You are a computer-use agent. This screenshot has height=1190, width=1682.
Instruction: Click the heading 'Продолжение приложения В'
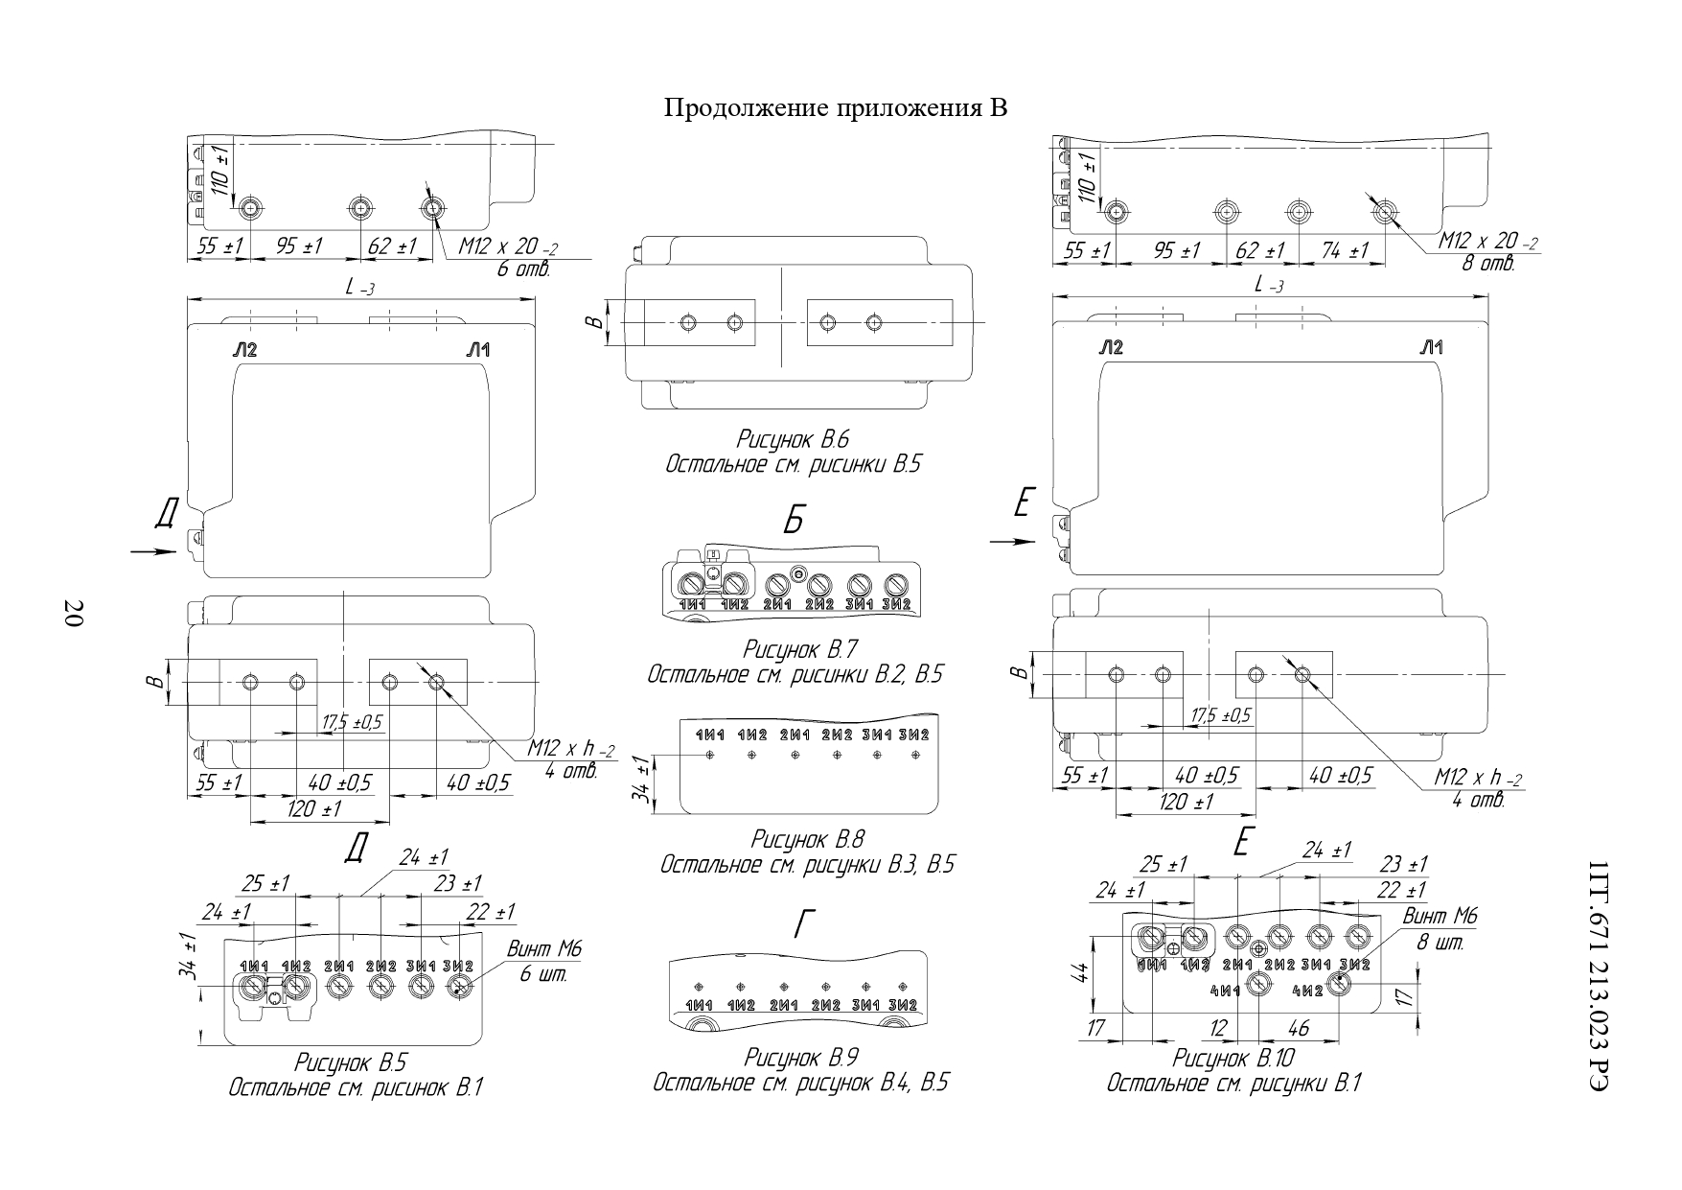pos(836,108)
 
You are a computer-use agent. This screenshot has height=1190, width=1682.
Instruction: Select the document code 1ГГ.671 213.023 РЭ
pos(1597,974)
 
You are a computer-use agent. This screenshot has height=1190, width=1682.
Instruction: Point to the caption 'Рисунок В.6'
pos(793,440)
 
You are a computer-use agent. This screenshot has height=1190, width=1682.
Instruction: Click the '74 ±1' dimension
pos(1345,250)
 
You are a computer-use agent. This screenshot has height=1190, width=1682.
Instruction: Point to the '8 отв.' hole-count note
pos(1487,263)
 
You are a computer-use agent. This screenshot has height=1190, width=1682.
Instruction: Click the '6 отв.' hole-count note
pos(523,269)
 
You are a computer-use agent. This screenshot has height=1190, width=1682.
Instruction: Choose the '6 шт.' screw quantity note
pos(543,974)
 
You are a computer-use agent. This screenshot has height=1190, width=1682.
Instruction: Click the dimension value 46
pos(1299,1029)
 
